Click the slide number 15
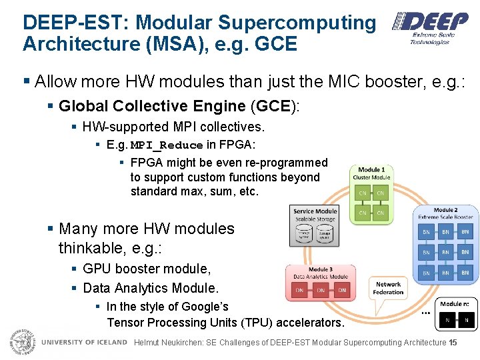[x=453, y=343]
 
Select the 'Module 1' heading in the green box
[x=371, y=170]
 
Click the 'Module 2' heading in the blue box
[x=445, y=210]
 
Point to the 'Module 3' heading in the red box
[x=320, y=269]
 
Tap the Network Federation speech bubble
[x=388, y=288]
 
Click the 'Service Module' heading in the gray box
[x=315, y=211]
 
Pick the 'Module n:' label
[x=455, y=304]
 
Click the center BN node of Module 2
[x=445, y=252]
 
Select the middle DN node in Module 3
[x=321, y=290]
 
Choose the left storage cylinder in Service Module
[x=305, y=234]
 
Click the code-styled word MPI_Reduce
[x=167, y=145]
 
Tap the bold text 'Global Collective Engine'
[x=152, y=106]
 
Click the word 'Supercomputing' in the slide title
[x=297, y=22]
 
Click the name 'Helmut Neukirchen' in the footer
[x=175, y=343]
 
